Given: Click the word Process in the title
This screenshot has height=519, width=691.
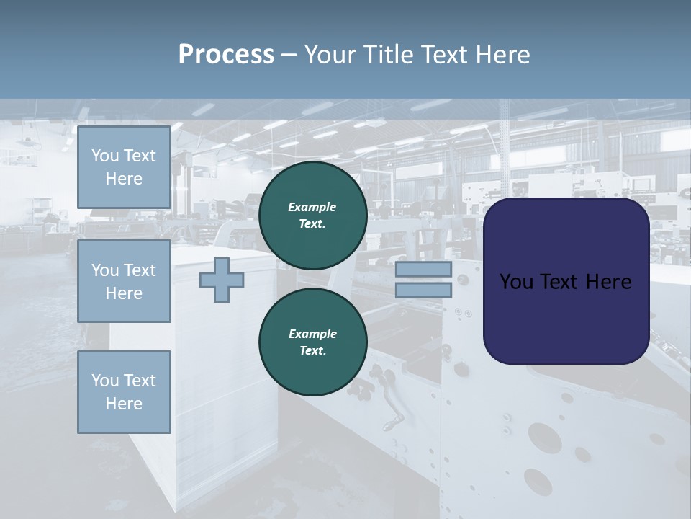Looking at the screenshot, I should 226,55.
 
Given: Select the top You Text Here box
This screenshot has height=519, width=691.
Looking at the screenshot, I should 124,167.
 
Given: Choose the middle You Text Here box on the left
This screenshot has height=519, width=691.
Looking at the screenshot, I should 124,281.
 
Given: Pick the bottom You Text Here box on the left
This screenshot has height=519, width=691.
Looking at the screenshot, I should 124,392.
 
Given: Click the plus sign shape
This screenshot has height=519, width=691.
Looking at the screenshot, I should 221,280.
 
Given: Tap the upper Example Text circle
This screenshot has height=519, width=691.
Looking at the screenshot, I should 312,216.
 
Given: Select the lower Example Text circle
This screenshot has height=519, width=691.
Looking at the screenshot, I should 312,342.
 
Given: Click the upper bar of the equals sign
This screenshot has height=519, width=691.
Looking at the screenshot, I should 423,269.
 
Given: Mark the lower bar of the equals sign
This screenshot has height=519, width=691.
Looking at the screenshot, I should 423,290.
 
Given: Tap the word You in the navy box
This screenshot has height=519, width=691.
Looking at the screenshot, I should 516,282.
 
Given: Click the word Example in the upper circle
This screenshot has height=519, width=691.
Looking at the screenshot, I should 312,207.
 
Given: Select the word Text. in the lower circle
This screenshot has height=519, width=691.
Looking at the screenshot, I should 312,351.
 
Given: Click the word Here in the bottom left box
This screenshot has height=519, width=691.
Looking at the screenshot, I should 124,404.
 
